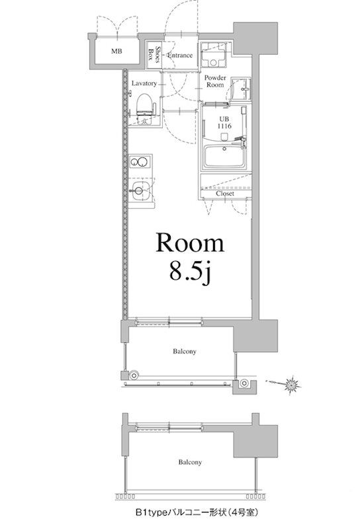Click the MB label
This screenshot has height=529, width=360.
pyautogui.click(x=116, y=52)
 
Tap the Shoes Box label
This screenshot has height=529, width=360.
pyautogui.click(x=154, y=54)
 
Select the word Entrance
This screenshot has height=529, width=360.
pyautogui.click(x=180, y=56)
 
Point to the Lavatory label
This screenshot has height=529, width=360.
pyautogui.click(x=144, y=83)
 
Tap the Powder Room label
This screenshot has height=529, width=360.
pyautogui.click(x=215, y=81)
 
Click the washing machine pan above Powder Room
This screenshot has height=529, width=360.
pyautogui.click(x=214, y=55)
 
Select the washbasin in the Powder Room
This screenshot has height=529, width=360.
pyautogui.click(x=241, y=89)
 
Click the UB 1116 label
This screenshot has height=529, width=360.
pyautogui.click(x=224, y=122)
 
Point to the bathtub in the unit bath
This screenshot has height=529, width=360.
pyautogui.click(x=226, y=157)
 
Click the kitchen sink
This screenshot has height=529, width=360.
pyautogui.click(x=140, y=190)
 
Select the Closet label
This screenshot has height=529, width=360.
pyautogui.click(x=225, y=194)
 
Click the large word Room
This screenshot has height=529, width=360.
pyautogui.click(x=190, y=243)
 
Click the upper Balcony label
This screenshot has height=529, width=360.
pyautogui.click(x=185, y=351)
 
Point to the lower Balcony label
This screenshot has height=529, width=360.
pyautogui.click(x=190, y=462)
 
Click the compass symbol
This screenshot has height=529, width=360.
pyautogui.click(x=291, y=384)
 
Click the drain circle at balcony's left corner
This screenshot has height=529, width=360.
pyautogui.click(x=134, y=375)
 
